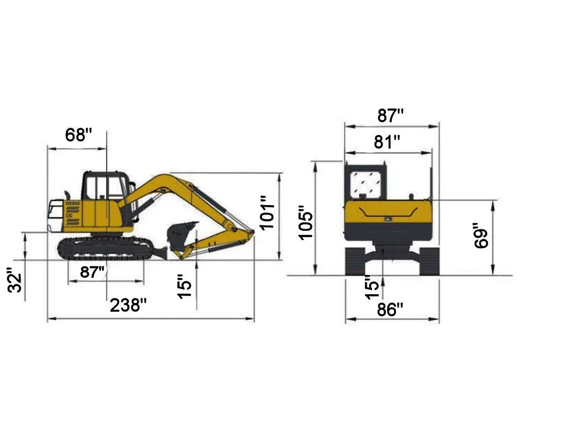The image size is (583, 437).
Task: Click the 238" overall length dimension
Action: click(x=128, y=305)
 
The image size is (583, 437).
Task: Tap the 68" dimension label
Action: click(x=79, y=135)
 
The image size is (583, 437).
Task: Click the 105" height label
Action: click(x=305, y=222)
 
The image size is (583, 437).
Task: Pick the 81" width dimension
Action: click(x=387, y=142)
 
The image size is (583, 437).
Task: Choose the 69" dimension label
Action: click(x=482, y=235)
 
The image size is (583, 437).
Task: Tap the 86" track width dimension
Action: click(x=390, y=309)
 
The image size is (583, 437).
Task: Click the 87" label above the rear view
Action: click(x=390, y=115)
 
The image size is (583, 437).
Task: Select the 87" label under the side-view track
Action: click(x=93, y=272)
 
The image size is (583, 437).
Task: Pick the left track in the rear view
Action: click(x=355, y=260)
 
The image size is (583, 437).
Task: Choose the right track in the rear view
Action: click(x=429, y=260)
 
